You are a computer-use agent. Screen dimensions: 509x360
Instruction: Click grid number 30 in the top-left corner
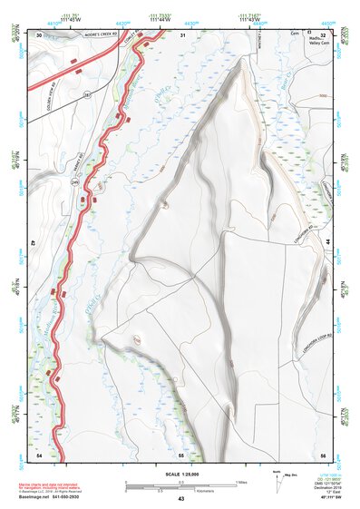point(39,34)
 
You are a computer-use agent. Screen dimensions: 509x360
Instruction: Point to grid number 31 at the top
point(182,34)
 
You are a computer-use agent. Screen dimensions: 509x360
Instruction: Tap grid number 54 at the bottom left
point(39,453)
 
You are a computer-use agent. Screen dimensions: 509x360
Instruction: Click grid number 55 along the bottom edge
point(181,453)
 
